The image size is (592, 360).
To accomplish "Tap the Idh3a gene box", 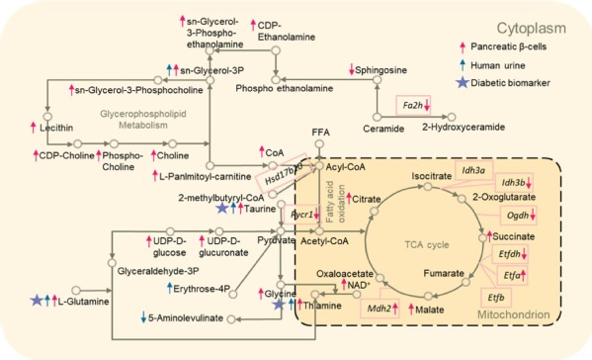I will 471,171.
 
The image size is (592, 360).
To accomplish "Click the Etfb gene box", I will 497,296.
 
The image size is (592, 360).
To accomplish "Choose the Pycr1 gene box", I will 297,214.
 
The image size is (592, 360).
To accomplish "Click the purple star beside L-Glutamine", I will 38,300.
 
